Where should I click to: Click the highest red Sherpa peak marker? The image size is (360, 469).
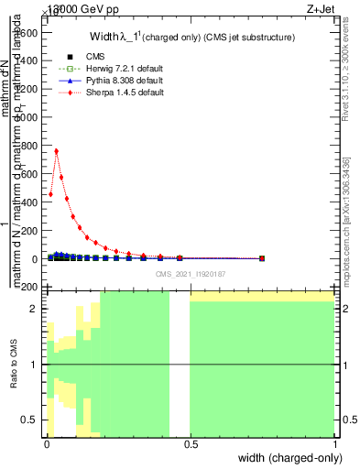click(57, 151)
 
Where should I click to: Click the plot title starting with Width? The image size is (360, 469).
click(191, 38)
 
